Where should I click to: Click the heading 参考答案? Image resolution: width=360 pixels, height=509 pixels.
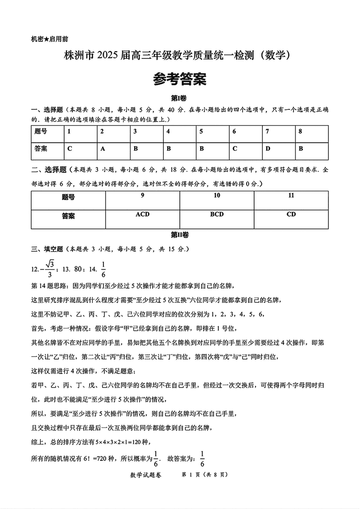click(180, 80)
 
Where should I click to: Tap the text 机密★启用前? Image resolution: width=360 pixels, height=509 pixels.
click(50, 39)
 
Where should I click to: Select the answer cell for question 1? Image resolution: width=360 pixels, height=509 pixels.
click(70, 148)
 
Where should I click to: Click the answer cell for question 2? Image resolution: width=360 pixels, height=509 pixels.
click(103, 148)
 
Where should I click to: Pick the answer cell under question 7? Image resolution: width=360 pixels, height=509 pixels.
click(268, 148)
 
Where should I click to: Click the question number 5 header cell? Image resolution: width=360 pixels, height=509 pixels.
click(201, 131)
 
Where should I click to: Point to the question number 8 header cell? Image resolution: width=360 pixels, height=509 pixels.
click(301, 131)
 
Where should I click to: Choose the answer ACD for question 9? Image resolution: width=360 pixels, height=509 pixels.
click(142, 215)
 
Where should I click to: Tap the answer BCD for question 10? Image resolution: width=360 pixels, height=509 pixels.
click(216, 215)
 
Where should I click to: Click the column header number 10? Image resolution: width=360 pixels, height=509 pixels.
click(216, 196)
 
